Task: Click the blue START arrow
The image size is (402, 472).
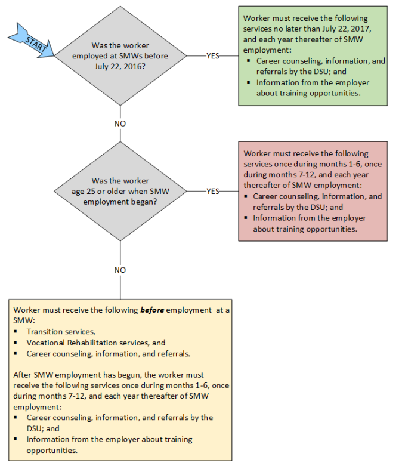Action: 33,40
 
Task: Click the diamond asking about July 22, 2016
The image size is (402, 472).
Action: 120,55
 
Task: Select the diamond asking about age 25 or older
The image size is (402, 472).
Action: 120,191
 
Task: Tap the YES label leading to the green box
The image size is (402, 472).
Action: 213,55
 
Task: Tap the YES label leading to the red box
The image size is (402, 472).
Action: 213,191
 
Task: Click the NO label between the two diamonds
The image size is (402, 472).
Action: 120,123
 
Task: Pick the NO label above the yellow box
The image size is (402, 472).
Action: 120,270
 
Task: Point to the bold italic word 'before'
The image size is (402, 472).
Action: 152,310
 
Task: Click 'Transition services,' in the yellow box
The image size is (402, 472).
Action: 61,331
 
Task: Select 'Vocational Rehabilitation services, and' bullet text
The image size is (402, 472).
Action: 96,343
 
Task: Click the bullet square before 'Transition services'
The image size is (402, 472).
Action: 15,332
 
